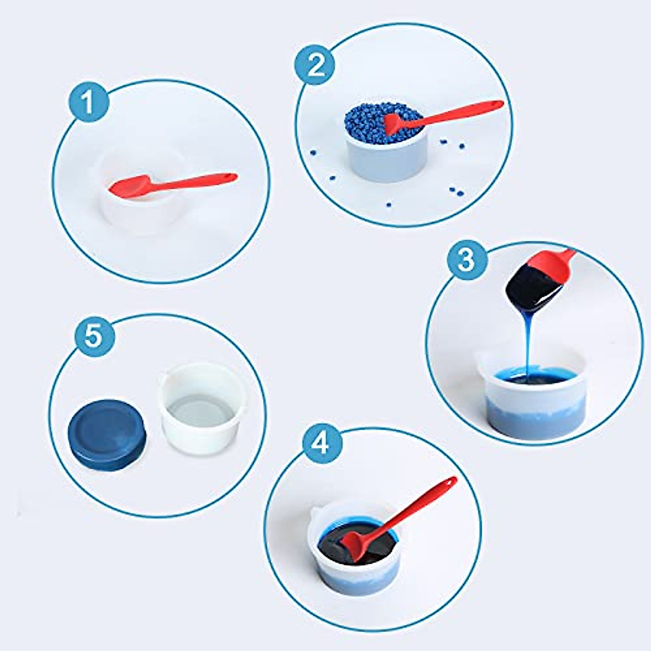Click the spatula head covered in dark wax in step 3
[529, 288]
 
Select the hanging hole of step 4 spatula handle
[450, 482]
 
